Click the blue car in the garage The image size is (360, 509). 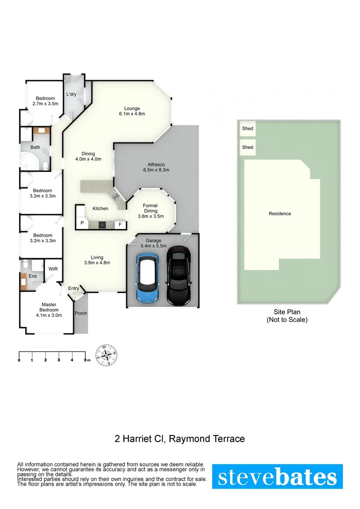click(x=147, y=278)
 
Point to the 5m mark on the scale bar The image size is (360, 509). click(x=85, y=360)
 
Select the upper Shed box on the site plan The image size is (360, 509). click(x=247, y=129)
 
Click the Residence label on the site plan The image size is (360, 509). click(x=279, y=213)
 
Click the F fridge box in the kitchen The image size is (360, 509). click(x=120, y=224)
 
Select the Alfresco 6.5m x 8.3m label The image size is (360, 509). click(x=155, y=167)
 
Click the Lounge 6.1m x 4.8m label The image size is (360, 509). click(x=131, y=111)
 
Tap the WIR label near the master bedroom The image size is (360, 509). click(x=53, y=269)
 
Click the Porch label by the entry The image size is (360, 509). click(x=81, y=313)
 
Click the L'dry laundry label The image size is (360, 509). click(x=71, y=94)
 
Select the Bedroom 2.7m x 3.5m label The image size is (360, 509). click(x=45, y=101)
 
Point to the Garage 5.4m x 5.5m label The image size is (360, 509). click(x=153, y=243)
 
